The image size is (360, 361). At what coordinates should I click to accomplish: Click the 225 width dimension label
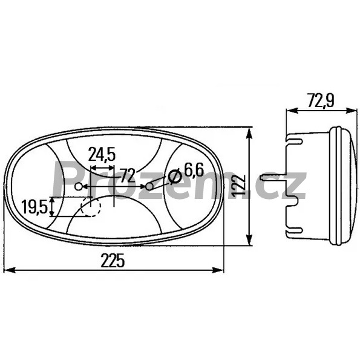[x=113, y=261]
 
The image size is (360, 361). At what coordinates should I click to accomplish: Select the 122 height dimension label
[x=238, y=186]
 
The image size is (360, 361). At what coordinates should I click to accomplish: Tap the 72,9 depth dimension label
[x=321, y=100]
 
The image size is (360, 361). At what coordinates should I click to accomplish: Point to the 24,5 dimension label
[x=102, y=154]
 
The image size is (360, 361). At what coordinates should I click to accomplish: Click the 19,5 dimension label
[x=34, y=207]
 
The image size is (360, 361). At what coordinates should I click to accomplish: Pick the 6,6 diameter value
[x=194, y=171]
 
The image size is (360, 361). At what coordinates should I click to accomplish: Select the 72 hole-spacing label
[x=128, y=175]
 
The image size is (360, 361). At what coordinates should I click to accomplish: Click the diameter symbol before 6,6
[x=175, y=177]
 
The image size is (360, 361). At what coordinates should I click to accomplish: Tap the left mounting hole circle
[x=79, y=186]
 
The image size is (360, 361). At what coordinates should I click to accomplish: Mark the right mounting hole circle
[x=149, y=186]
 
